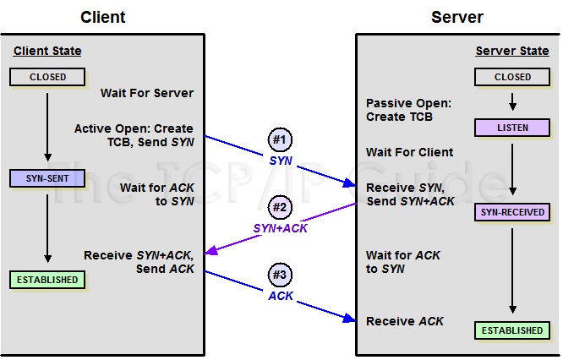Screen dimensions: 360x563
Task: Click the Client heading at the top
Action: coord(103,17)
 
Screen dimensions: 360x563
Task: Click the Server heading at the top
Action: coord(458,17)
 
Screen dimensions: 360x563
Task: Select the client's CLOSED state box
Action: coord(48,77)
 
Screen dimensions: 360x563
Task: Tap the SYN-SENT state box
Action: coord(48,178)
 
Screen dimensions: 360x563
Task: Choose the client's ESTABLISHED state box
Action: coord(48,280)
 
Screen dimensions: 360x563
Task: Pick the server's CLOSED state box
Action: coord(513,77)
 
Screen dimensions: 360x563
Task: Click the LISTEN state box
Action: coord(513,128)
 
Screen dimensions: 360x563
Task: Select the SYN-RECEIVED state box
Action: coord(513,212)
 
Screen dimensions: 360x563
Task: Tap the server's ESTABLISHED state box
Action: coord(513,330)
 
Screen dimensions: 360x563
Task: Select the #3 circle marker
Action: coord(280,275)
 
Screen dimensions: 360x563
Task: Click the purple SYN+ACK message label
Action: coord(280,228)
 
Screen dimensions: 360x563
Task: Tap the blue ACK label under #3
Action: coord(281,296)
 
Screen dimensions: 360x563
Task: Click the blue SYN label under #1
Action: coord(281,160)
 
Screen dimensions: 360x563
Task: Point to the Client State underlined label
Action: coord(47,52)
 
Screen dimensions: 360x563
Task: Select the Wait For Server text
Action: coord(147,93)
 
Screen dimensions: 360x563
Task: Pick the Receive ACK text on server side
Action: coord(405,321)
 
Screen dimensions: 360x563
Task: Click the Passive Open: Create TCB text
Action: coord(408,110)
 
